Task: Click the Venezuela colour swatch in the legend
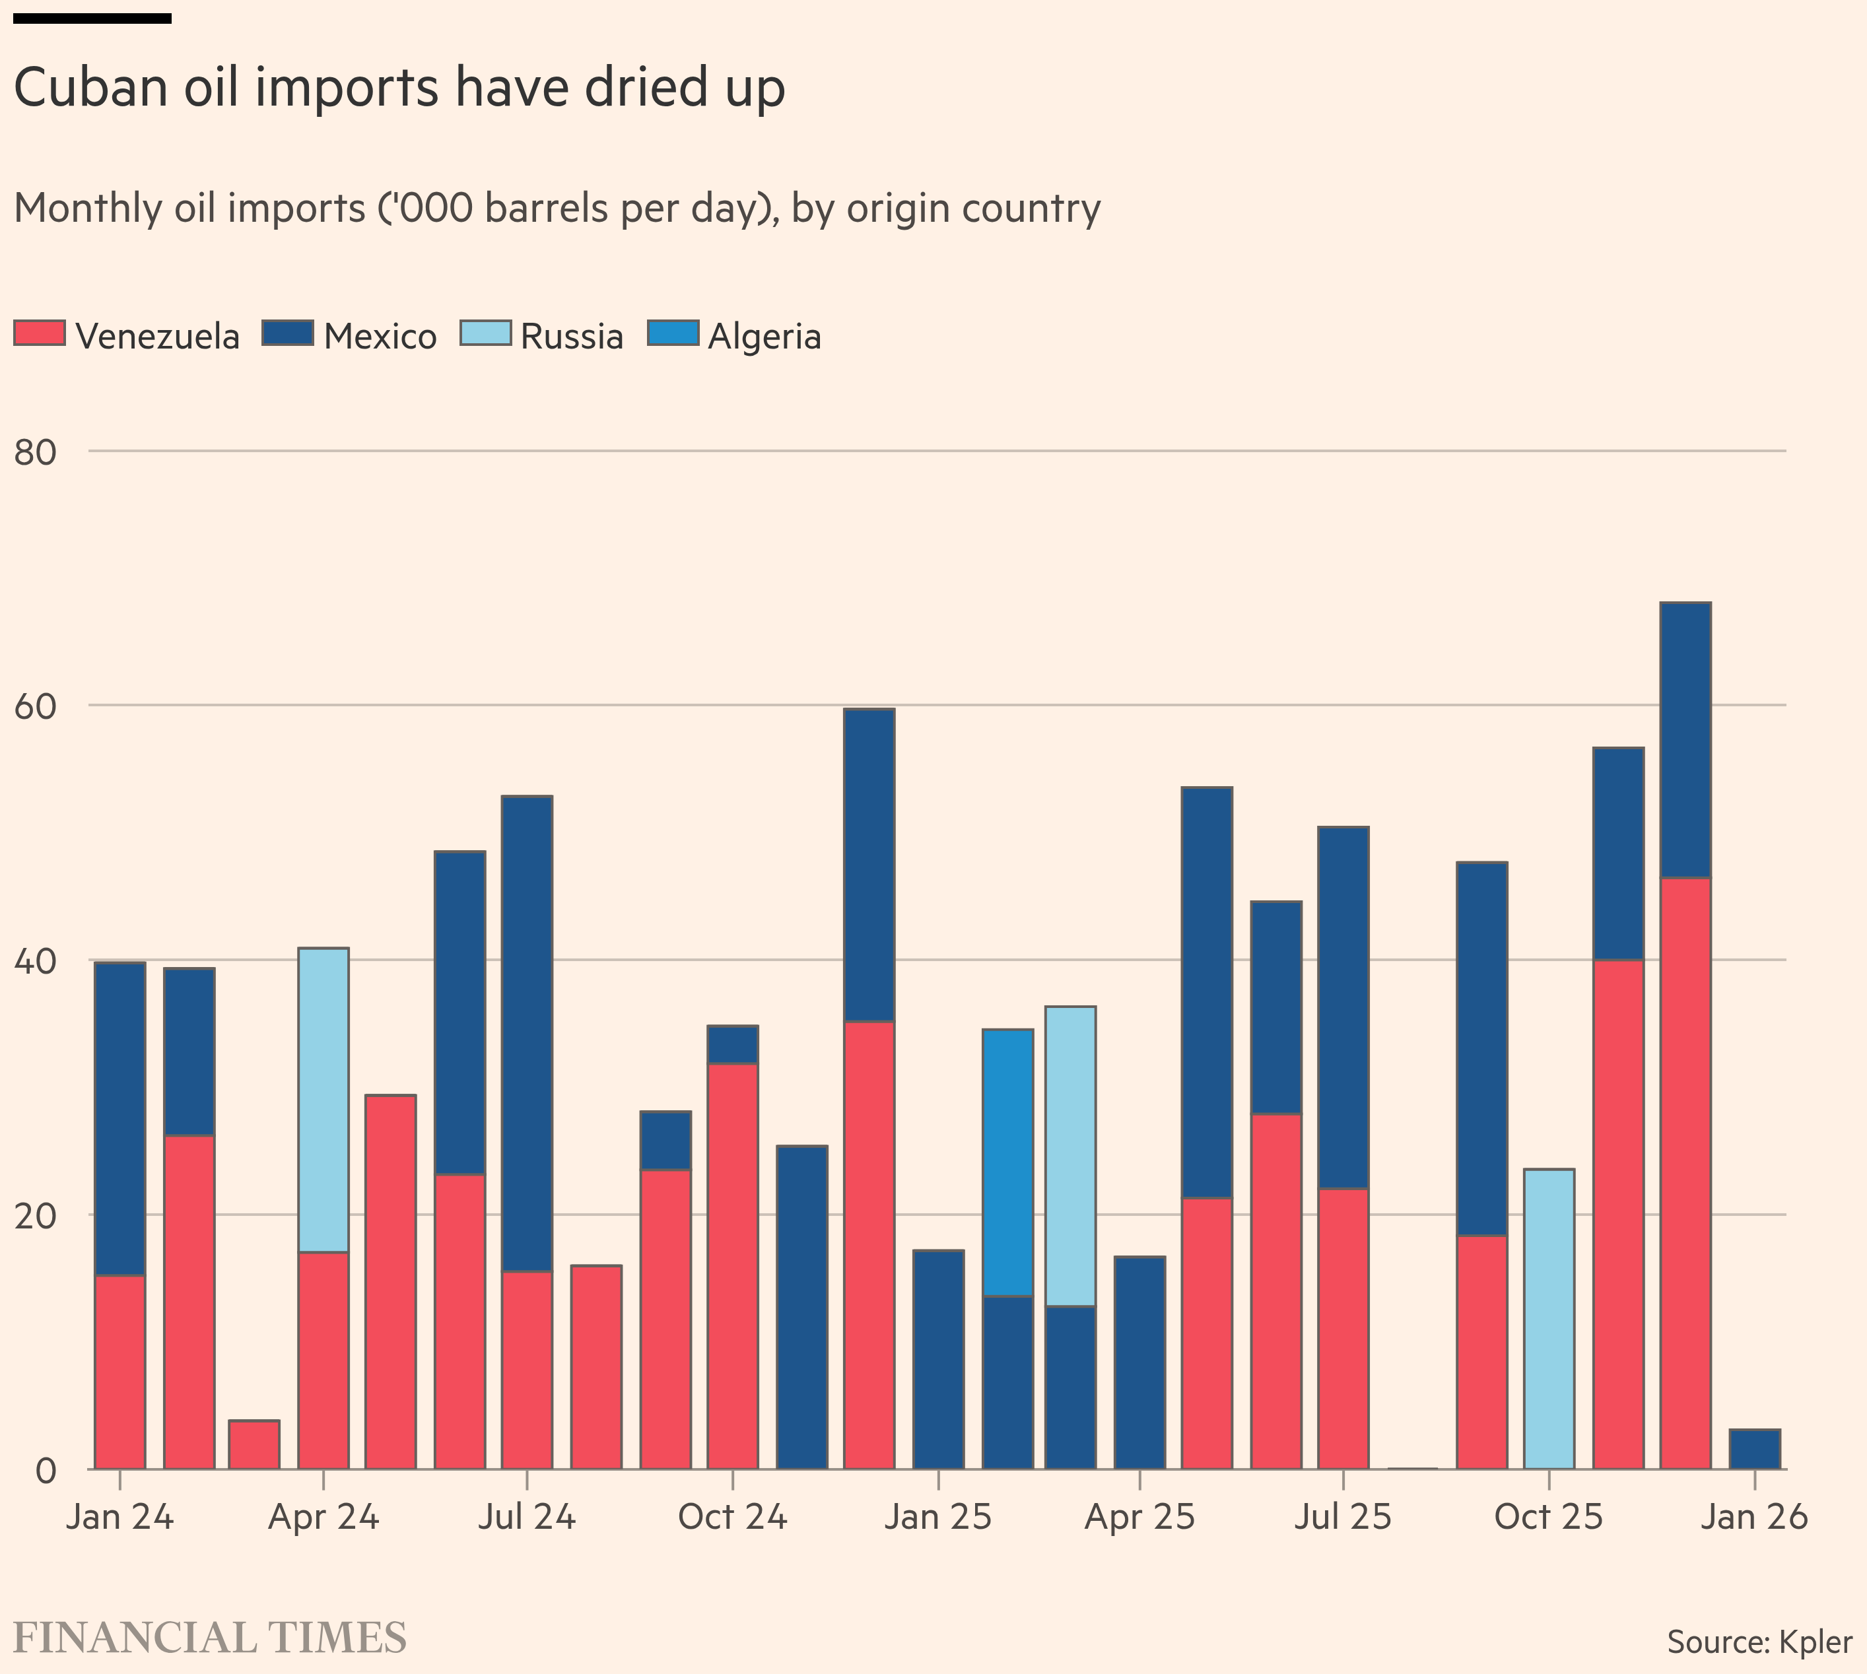[40, 332]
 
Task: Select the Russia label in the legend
[571, 337]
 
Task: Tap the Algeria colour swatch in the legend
[672, 332]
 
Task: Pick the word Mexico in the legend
[380, 337]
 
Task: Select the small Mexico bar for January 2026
[1755, 1450]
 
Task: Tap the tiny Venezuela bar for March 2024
[254, 1445]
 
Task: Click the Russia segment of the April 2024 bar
[323, 1100]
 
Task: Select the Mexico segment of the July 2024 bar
[527, 1034]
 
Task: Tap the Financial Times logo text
[210, 1638]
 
